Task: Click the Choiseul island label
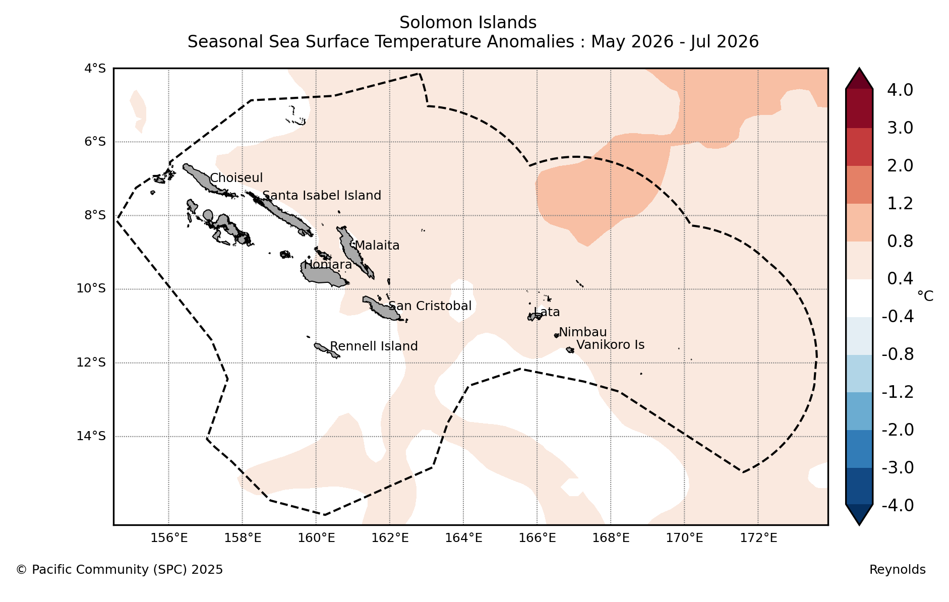point(236,178)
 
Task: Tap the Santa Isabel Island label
point(322,196)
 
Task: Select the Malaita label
point(377,246)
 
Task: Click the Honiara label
point(328,265)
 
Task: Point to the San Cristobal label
point(430,306)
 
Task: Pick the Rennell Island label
point(374,346)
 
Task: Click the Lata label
point(547,312)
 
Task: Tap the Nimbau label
point(583,332)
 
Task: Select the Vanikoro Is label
point(611,345)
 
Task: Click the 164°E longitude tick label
point(463,538)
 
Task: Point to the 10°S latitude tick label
point(91,288)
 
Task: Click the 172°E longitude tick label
point(758,538)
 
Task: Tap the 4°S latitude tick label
point(95,68)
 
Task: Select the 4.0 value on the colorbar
point(900,90)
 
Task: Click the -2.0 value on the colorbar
point(898,430)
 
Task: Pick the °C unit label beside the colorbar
point(925,296)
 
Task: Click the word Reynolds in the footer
point(898,570)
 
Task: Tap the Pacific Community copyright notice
point(120,570)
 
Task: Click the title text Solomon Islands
point(468,23)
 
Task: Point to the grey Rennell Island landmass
point(326,350)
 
